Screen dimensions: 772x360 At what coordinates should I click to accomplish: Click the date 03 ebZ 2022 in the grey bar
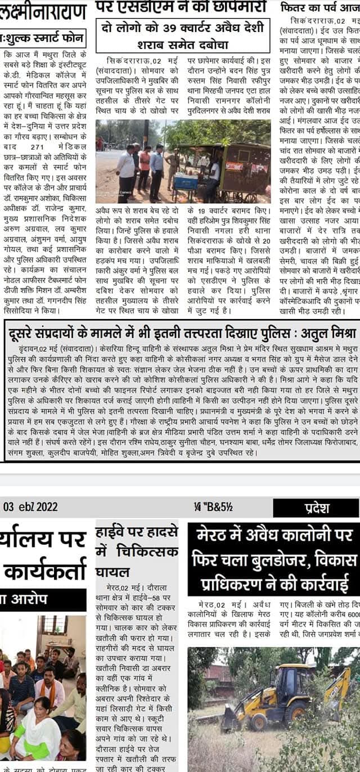30,506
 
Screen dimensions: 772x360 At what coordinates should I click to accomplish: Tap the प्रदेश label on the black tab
317,508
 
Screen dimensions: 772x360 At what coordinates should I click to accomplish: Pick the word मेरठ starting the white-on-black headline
214,535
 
